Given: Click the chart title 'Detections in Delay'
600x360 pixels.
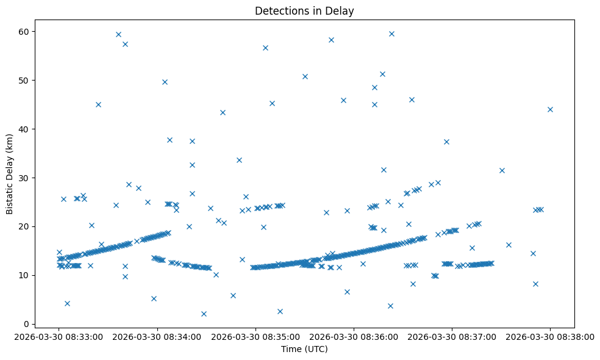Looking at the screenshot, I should coord(304,11).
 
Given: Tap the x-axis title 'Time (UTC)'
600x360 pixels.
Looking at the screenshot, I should coord(304,349).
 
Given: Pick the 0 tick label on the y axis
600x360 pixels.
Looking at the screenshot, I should coord(27,324).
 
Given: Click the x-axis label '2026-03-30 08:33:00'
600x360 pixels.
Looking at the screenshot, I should coord(59,336).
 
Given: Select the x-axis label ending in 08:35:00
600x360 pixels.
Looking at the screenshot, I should coord(255,336).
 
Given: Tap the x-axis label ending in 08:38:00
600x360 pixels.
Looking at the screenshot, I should coord(550,336).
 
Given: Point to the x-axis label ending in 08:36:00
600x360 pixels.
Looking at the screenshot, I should coord(354,336).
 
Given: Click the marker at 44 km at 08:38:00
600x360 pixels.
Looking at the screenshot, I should coord(550,109).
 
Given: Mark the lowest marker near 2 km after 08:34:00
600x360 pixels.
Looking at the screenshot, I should coord(204,314).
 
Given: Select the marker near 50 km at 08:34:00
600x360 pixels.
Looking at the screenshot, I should coord(165,82).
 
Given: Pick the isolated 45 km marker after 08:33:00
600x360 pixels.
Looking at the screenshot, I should coord(98,104).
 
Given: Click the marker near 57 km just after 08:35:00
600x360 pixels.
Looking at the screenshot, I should coord(265,48).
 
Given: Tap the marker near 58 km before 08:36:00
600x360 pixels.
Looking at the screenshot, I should coord(331,40).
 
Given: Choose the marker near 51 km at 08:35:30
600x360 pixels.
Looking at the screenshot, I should coord(305,76).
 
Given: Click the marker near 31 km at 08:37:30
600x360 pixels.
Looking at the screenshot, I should coord(502,170).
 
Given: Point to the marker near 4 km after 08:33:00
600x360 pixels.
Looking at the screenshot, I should coord(67,303).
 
